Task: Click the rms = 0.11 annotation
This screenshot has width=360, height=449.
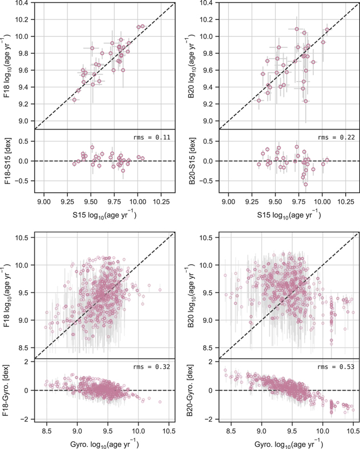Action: click(x=152, y=137)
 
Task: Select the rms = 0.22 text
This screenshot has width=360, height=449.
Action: click(x=336, y=137)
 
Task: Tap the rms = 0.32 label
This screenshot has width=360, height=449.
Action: click(x=152, y=367)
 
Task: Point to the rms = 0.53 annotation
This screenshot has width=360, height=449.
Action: click(x=336, y=367)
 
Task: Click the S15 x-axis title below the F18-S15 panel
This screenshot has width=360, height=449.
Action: click(x=104, y=215)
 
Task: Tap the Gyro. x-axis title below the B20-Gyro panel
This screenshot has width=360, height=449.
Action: click(x=289, y=444)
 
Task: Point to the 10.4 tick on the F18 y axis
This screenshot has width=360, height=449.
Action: click(x=24, y=3)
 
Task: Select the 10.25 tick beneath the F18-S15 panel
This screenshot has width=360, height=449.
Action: click(x=161, y=201)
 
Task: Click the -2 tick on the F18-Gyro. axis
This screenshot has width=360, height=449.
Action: click(x=27, y=419)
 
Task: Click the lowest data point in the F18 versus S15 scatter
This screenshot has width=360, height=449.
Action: click(x=74, y=100)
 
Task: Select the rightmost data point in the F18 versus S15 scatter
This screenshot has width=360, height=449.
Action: click(x=143, y=26)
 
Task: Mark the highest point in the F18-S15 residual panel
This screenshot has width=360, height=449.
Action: click(x=92, y=147)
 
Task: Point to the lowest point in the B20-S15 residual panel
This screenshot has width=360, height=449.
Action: click(x=306, y=184)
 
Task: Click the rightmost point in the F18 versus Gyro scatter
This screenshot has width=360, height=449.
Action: click(x=160, y=290)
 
